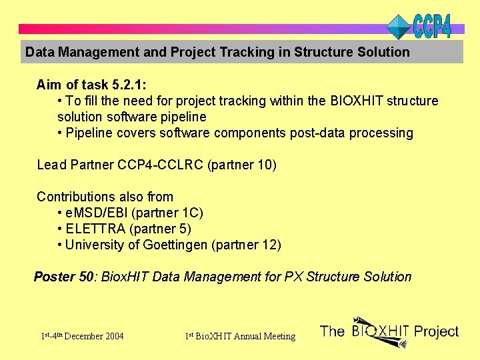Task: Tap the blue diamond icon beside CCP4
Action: (399, 27)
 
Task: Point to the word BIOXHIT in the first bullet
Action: (355, 101)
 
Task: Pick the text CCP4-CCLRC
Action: (161, 165)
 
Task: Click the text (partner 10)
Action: (242, 165)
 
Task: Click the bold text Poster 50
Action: (65, 277)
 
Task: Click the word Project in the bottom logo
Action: (436, 331)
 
